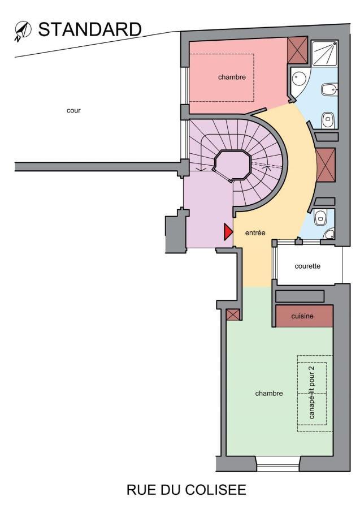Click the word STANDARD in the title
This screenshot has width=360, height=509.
[x=89, y=29]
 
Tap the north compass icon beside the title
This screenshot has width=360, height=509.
[x=23, y=31]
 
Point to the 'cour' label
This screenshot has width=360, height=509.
[x=73, y=110]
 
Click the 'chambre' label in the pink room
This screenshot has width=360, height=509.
[x=232, y=77]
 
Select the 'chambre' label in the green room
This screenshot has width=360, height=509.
[x=268, y=393]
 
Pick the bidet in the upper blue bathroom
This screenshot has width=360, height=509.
[x=328, y=89]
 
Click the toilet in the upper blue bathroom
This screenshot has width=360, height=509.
[x=328, y=119]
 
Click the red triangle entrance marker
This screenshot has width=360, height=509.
[x=228, y=232]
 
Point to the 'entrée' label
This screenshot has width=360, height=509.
[x=255, y=232]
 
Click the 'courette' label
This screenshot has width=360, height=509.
[x=307, y=266]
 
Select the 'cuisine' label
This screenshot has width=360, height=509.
[x=302, y=317]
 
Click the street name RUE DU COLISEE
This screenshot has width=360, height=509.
[x=186, y=489]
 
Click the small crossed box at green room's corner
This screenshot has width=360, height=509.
[x=233, y=314]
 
